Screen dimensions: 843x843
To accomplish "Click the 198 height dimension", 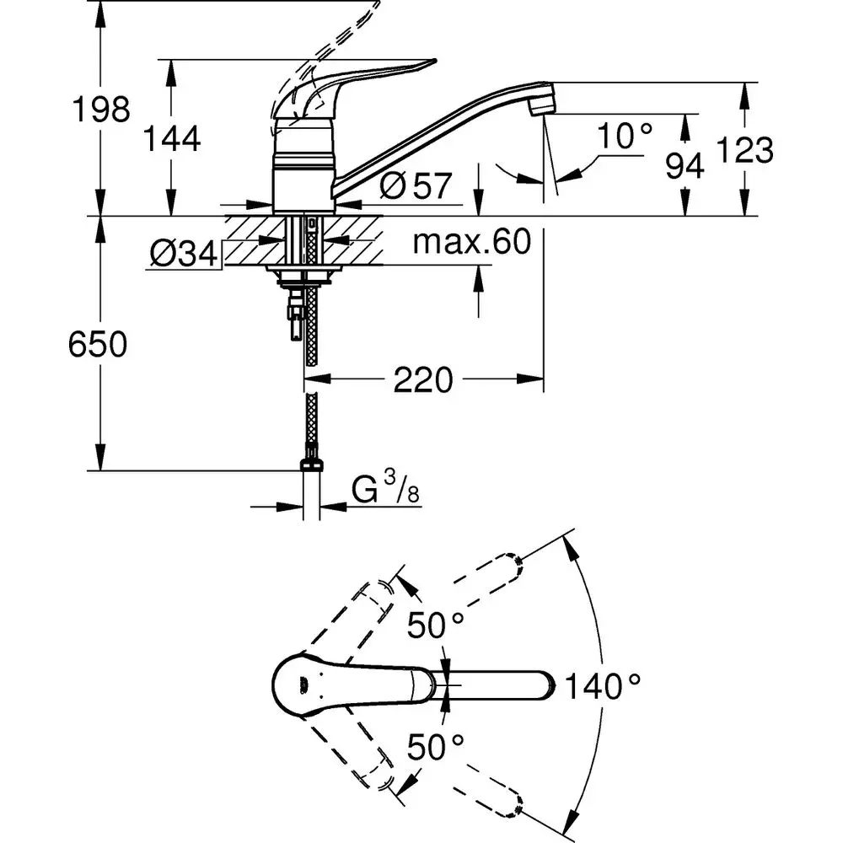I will click(99, 110).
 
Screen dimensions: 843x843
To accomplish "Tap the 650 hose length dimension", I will click(98, 344).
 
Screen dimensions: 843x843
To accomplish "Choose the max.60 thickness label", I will click(472, 243).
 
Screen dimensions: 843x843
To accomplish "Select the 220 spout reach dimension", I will click(422, 380).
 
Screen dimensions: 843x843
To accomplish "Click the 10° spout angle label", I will click(625, 137).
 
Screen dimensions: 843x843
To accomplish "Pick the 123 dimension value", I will click(745, 150).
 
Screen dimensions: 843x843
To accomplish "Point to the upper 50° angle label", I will click(436, 626).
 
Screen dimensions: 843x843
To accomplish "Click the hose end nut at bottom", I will click(311, 464).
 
